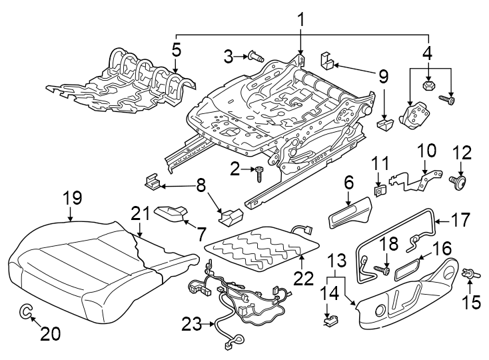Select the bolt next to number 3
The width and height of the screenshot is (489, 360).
coord(256,57)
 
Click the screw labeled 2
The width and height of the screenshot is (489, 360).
coord(258,173)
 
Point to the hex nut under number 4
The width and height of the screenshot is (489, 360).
coord(429,85)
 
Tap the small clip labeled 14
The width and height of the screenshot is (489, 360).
coord(329,319)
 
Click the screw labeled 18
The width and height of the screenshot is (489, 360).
coord(382,270)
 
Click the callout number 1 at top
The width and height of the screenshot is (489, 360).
coord(300,21)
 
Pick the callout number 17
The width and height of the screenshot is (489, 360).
coord(461,220)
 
